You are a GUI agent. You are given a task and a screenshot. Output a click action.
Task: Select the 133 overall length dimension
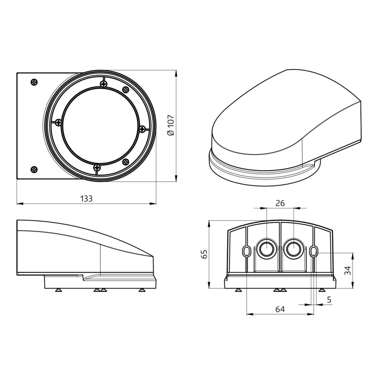coord(86,199)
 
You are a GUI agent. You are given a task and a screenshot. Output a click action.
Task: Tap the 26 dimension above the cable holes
coord(280,203)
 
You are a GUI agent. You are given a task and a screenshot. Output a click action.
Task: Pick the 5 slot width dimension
coord(329,299)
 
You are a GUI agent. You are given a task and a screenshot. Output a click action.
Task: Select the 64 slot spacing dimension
coord(280,309)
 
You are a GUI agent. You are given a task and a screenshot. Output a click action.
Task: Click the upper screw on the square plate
coord(34,82)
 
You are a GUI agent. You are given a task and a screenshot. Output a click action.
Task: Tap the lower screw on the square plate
coord(34,169)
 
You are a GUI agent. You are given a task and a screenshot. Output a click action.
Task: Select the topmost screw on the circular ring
coord(103,84)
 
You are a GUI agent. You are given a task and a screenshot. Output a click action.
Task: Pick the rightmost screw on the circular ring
coord(142,129)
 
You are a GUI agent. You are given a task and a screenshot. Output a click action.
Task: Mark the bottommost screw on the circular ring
coord(97,167)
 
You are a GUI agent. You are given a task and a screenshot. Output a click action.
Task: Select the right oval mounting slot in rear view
coord(313,251)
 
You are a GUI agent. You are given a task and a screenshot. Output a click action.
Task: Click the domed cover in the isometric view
coord(284,114)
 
